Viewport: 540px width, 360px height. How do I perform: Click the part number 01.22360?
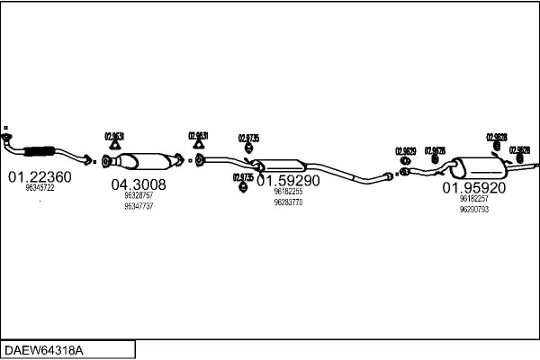tap(40, 177)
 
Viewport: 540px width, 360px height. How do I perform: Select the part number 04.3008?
tap(138, 184)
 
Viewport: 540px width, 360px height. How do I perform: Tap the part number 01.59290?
tap(288, 180)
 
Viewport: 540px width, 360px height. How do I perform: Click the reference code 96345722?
tap(40, 189)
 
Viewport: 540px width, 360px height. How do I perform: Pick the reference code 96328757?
tap(138, 195)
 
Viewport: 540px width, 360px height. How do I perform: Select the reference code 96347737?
tap(138, 206)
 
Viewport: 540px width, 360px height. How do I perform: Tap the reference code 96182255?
tap(288, 192)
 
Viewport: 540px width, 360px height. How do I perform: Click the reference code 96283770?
tap(288, 202)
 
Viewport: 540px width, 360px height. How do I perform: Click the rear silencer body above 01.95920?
tap(477, 167)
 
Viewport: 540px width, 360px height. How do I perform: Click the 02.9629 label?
tap(406, 150)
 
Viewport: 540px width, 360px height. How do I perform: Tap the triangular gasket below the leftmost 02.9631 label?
tap(114, 147)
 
